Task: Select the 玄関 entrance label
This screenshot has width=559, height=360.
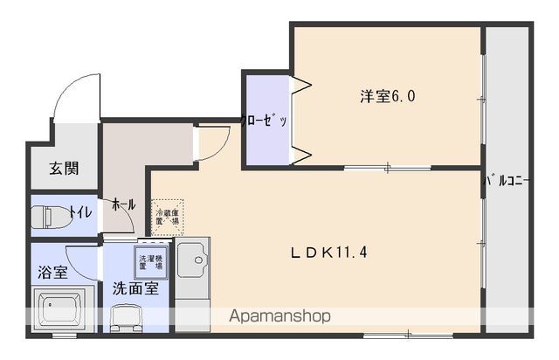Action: [63, 168]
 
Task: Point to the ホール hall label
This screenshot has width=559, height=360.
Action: [122, 204]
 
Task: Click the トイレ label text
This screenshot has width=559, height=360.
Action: [79, 211]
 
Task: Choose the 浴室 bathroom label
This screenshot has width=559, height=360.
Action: [52, 273]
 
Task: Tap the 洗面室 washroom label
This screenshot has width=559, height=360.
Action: [135, 288]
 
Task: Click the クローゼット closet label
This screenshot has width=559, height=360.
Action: [266, 121]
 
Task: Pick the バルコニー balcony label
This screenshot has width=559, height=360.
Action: [508, 182]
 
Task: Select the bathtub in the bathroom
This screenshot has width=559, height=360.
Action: [62, 311]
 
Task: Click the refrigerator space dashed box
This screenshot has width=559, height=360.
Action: [167, 215]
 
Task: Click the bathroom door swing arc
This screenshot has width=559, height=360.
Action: [83, 259]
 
